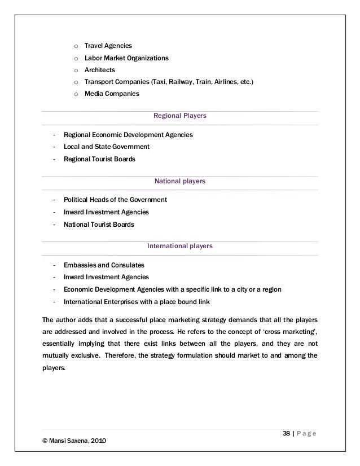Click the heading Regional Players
point(180,116)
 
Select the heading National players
point(180,182)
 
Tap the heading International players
point(180,247)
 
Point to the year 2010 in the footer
point(94,441)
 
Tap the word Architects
point(100,69)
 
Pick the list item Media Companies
point(112,94)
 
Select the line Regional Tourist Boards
point(100,159)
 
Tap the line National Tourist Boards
point(99,225)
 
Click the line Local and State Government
point(107,147)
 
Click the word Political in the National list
point(76,200)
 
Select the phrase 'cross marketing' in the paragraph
point(287,329)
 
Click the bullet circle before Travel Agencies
point(76,45)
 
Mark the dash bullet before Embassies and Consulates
point(53,265)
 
